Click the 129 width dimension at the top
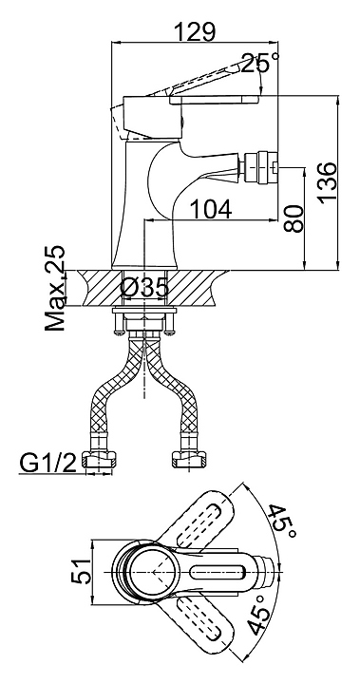click(195, 31)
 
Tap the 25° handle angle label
click(259, 64)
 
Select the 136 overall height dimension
click(328, 182)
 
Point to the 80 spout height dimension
click(294, 218)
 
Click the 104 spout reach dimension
click(212, 209)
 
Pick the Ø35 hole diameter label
click(144, 288)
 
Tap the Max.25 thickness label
click(55, 289)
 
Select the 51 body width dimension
click(81, 572)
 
